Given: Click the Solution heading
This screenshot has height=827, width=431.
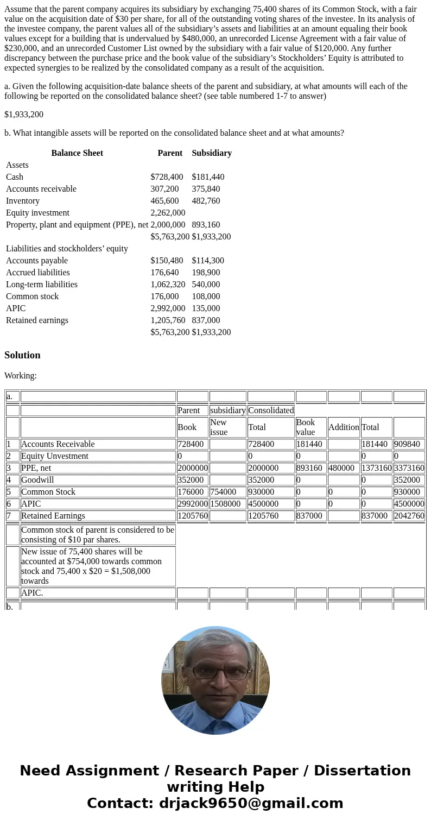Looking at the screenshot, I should point(22,355).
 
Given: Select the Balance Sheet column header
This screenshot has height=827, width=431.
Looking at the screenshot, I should point(77,153).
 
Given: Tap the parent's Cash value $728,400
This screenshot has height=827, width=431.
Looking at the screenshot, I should point(167,177).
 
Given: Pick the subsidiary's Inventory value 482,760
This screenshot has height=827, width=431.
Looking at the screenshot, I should point(206,201).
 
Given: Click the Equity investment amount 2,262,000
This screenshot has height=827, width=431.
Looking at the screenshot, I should point(168,213).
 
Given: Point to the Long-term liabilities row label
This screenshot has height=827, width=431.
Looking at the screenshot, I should point(42,285).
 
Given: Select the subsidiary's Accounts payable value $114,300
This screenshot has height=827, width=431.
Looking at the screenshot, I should point(208,261).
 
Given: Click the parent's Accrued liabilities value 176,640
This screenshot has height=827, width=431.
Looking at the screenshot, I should point(164,273).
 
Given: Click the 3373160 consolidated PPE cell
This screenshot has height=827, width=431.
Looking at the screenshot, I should point(409,468).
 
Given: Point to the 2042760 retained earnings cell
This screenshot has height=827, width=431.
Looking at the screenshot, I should point(409,516).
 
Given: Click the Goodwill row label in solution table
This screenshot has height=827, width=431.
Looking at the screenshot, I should point(37,480).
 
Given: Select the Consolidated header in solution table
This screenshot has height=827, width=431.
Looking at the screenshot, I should point(271,411).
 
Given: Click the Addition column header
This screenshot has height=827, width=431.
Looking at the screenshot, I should point(344,427).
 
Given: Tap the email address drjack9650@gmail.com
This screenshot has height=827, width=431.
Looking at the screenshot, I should point(251,804).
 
